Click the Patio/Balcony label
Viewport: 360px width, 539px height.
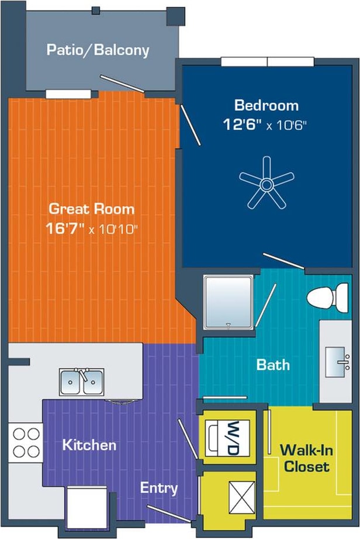point(98,50)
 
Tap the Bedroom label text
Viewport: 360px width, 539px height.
point(266,106)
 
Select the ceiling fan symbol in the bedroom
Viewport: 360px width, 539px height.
point(267,183)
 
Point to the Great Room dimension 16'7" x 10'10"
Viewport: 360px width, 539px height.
point(91,227)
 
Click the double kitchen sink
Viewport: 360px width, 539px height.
point(81,382)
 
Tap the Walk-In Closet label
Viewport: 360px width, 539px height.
point(304,458)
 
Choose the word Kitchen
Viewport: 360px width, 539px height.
point(89,445)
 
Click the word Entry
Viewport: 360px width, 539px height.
point(158,488)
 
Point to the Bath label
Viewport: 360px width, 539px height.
point(273,365)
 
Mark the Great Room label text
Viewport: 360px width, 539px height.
point(91,209)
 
